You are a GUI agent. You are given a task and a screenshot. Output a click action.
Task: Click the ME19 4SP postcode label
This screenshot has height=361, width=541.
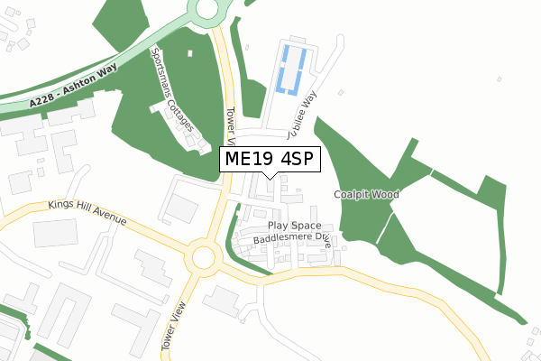270,160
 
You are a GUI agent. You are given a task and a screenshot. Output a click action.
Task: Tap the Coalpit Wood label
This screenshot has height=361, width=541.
365,194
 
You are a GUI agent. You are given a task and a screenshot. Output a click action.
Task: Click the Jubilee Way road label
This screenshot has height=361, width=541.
303,116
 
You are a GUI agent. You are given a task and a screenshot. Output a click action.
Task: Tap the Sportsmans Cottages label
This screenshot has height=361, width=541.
174,88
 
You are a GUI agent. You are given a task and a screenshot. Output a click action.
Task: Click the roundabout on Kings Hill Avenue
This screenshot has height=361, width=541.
202,259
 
